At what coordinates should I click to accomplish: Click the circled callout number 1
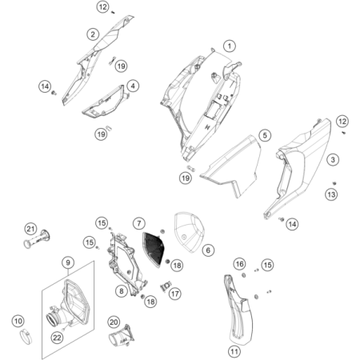[x=230, y=46]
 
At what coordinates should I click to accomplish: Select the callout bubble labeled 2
[x=94, y=34]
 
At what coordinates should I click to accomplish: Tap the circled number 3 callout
[x=330, y=161]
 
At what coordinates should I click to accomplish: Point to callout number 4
[x=133, y=86]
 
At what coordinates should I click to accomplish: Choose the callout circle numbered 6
[x=208, y=251]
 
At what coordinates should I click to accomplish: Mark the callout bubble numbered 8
[x=120, y=291]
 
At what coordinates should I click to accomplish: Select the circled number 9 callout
[x=69, y=262]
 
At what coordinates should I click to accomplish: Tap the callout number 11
[x=234, y=350]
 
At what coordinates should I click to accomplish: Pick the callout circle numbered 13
[x=331, y=194]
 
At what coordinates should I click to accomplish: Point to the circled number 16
[x=239, y=264]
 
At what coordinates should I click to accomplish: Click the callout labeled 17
[x=174, y=294]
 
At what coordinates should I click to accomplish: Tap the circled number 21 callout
[x=30, y=230]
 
